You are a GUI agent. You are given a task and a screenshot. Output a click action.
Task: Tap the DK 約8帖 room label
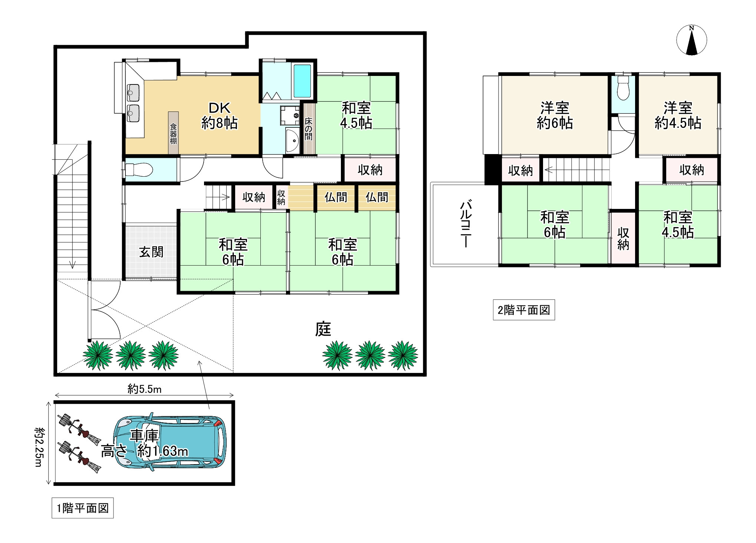pos(220,116)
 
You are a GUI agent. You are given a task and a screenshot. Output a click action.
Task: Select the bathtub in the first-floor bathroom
pos(302,81)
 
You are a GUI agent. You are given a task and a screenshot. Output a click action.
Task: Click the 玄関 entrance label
pos(151,252)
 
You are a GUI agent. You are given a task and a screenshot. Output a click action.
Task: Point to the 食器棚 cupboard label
pos(173,133)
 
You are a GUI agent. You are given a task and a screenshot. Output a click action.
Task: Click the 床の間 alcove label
pos(308,129)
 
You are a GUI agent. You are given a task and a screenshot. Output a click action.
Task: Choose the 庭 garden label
pos(323,329)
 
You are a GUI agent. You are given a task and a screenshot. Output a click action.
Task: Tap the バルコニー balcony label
pos(466,224)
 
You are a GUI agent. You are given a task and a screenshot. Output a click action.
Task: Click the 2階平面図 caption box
pos(524,310)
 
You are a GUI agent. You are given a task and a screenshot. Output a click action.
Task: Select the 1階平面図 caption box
pos(82,508)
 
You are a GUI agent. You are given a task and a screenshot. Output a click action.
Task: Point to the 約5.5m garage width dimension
pos(144,389)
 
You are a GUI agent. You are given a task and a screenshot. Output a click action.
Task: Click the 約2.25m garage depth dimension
pos(38,447)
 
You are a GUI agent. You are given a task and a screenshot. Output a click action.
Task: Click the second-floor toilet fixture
pos(623,88)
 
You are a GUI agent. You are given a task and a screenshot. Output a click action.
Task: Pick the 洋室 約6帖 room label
pos(555,115)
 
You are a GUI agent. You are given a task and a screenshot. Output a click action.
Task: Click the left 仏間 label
pos(336,197)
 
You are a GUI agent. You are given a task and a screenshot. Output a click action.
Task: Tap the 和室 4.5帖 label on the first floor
pos(356,115)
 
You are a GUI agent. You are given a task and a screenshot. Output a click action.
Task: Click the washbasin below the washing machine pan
pos(293,141)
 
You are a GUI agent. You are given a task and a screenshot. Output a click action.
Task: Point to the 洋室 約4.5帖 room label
pos(678,115)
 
